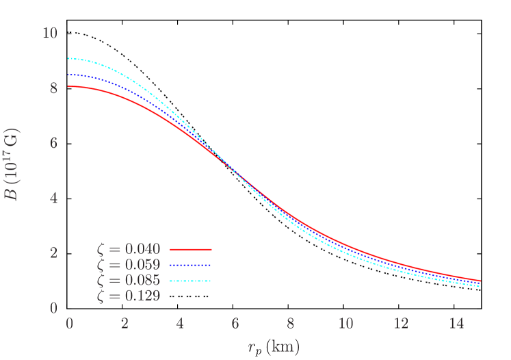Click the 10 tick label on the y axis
pos(49,33)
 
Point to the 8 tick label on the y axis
pos(53,88)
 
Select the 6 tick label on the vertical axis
pos(53,143)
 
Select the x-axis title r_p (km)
pos(274,346)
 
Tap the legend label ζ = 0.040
pos(129,250)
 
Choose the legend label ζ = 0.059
pos(129,265)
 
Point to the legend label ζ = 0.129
pos(129,296)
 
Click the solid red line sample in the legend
pos(190,250)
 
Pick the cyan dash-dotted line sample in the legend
pos(190,281)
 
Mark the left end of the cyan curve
pos(69,58)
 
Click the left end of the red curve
pos(69,86)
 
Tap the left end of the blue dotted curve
pos(69,75)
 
